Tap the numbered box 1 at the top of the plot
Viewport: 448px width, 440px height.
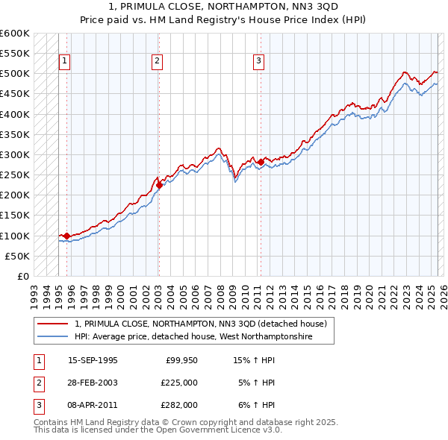point(65,62)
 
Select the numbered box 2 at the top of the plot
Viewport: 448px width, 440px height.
point(158,62)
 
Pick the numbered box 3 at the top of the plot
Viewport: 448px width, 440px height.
point(258,62)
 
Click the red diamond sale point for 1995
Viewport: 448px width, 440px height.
point(67,236)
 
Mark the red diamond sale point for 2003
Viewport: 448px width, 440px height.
point(159,185)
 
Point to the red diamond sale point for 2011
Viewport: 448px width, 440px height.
point(261,162)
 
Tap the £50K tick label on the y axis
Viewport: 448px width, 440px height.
point(18,256)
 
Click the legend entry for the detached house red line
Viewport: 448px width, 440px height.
point(200,324)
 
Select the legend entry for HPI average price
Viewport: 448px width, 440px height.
point(192,337)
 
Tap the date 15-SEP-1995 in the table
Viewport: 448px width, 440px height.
point(93,360)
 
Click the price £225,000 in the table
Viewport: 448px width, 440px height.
point(179,383)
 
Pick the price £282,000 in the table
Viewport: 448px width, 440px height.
point(179,405)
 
